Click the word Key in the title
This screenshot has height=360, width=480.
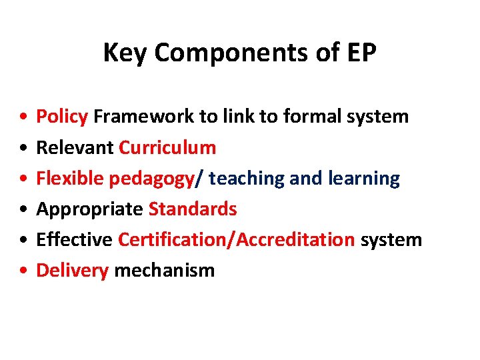[121, 53]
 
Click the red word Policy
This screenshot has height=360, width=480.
[62, 117]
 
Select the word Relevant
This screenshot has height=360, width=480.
[75, 147]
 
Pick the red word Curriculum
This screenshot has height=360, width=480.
[167, 147]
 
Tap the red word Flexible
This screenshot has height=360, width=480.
[69, 178]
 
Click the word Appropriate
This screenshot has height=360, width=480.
[89, 209]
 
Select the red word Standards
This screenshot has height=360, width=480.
[193, 209]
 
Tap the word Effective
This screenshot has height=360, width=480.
[74, 239]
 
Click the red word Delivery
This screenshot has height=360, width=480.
[72, 271]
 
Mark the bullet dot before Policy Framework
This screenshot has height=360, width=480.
[23, 117]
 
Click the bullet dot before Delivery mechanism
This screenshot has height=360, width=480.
[23, 271]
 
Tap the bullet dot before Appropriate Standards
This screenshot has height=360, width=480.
[23, 209]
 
